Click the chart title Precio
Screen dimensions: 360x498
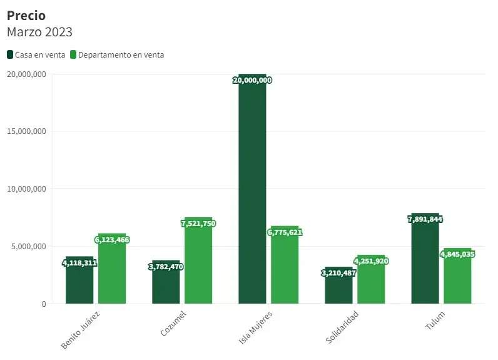coord(26,16)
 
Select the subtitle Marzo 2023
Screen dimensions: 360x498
coord(39,32)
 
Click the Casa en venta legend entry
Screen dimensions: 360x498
coord(36,55)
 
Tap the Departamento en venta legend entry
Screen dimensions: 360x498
coord(117,55)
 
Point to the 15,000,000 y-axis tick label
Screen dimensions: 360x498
coord(26,131)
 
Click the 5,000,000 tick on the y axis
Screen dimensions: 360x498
coord(28,247)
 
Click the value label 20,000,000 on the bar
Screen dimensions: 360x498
coord(252,80)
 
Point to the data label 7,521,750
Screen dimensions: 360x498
coord(198,224)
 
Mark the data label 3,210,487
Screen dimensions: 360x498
coord(338,273)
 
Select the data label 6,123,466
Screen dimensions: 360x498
coord(112,240)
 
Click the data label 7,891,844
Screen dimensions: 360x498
coord(425,219)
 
